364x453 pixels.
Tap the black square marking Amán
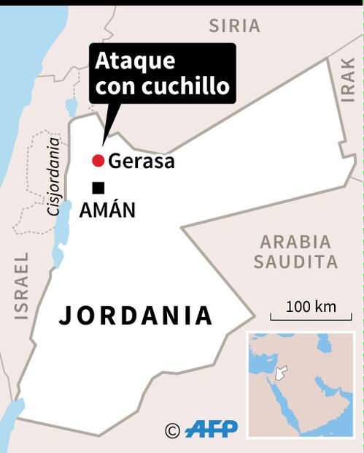point(98,188)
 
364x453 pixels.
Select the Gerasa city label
point(142,161)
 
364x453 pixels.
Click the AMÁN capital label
point(107,211)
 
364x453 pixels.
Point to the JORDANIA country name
point(136,316)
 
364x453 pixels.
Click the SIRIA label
point(234,26)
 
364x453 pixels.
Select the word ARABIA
point(295,242)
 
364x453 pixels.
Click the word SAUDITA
point(295,262)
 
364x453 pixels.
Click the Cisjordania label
point(52,175)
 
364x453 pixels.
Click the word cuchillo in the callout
point(195,87)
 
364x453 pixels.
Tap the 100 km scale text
point(311,306)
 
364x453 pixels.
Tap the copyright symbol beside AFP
point(172,430)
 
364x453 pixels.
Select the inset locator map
point(301,384)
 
